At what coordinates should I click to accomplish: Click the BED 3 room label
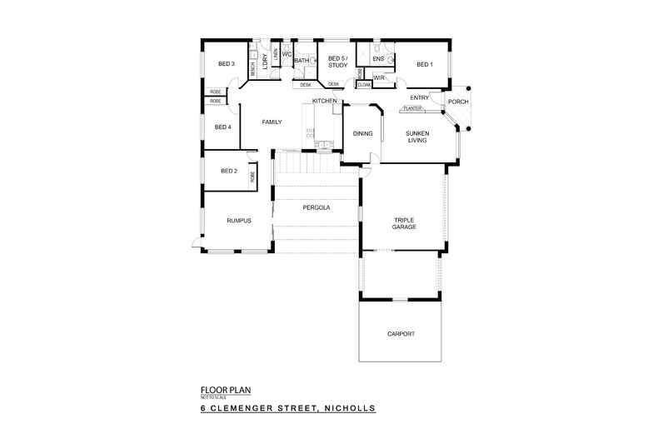[227, 64]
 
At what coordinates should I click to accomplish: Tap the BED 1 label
[425, 64]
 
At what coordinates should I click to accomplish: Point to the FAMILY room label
[272, 122]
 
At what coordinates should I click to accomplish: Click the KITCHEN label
[324, 101]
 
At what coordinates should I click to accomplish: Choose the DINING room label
[362, 133]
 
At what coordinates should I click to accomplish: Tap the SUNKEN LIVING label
[416, 137]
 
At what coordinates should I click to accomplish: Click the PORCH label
[457, 102]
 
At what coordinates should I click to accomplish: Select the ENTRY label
[420, 98]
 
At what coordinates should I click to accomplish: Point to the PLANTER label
[411, 108]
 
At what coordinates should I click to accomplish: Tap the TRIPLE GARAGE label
[405, 223]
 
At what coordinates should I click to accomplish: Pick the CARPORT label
[401, 333]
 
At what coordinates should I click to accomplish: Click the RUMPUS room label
[239, 220]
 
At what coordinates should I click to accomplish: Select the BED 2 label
[229, 171]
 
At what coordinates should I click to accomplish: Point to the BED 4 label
[222, 127]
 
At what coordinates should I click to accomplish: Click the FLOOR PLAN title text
[226, 389]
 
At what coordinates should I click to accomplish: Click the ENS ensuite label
[377, 59]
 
